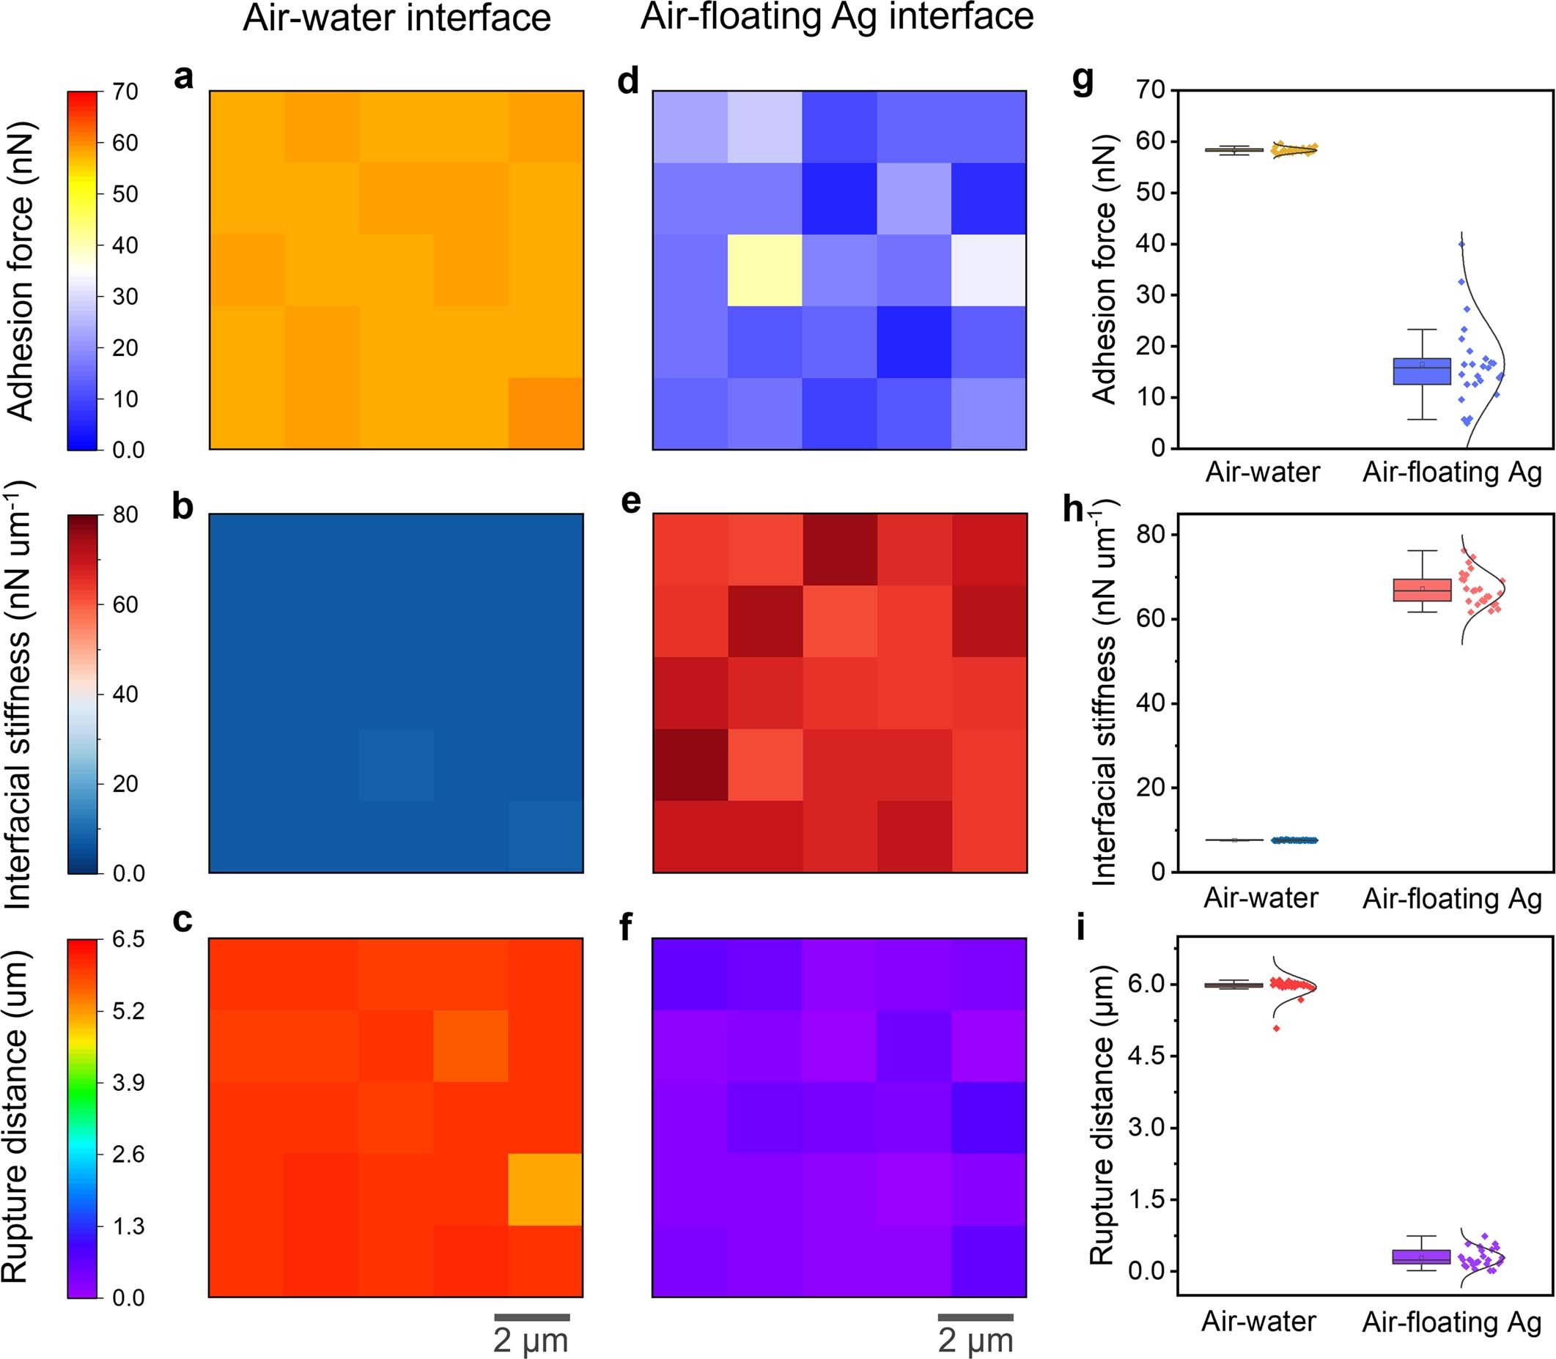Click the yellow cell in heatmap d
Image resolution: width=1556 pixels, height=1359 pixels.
coord(764,270)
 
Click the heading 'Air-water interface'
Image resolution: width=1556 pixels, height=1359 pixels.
coord(397,18)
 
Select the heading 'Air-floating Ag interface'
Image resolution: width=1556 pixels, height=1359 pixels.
coord(837,17)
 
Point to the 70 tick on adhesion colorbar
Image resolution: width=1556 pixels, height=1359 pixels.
coord(125,92)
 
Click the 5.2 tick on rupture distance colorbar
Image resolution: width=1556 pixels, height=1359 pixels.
coord(128,1011)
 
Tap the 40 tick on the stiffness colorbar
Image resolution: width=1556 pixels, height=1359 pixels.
coord(125,694)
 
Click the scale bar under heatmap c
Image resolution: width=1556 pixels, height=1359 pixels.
coord(532,1317)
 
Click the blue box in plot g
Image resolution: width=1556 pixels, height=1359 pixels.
coord(1422,371)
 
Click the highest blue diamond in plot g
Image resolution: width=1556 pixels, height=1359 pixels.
coord(1462,243)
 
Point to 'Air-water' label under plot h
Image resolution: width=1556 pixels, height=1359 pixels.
coord(1261,898)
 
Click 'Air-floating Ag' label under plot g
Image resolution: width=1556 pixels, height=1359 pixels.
coord(1452,473)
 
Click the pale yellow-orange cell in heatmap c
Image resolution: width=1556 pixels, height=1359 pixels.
coord(545,1189)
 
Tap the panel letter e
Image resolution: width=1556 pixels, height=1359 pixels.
coord(630,502)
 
